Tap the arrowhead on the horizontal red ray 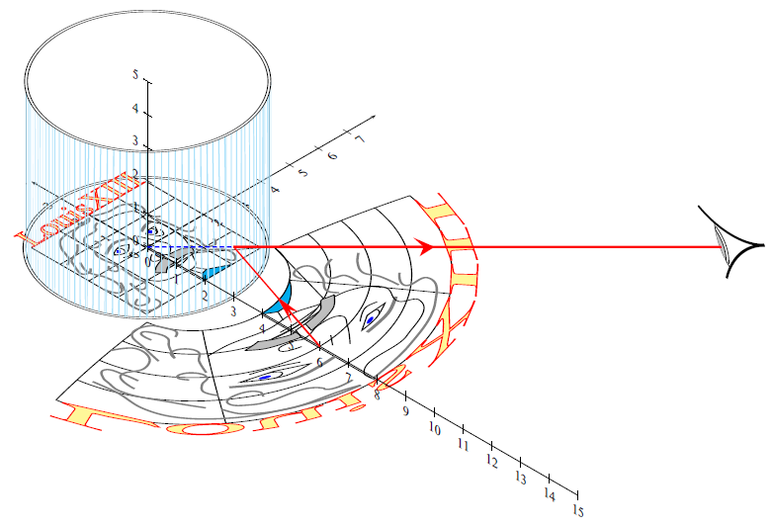pos(427,246)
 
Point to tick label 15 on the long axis pos(578,510)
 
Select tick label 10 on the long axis pos(433,428)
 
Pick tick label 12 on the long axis pos(491,461)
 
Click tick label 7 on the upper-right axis pos(359,139)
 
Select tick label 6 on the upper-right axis pos(332,156)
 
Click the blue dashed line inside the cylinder pos(188,247)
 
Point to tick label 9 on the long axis pos(404,411)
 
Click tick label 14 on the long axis pos(550,493)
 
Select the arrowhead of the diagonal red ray pos(283,306)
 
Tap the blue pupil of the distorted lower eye pos(264,376)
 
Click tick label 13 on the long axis pos(520,477)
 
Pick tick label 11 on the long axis pos(462,445)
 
